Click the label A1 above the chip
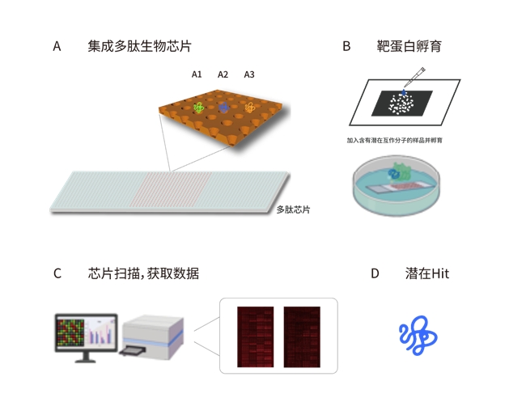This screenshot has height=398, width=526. (197, 74)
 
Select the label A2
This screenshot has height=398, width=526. (223, 74)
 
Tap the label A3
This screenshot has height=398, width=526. (249, 74)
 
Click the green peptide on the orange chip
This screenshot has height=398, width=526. (199, 107)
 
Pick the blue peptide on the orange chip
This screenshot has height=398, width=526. (224, 108)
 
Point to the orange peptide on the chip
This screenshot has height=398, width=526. (251, 108)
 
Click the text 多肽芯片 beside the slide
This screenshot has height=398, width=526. (293, 210)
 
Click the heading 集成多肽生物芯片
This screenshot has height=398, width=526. (139, 46)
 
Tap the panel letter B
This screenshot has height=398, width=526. (346, 46)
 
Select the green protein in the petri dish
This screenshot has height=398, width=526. (399, 172)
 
